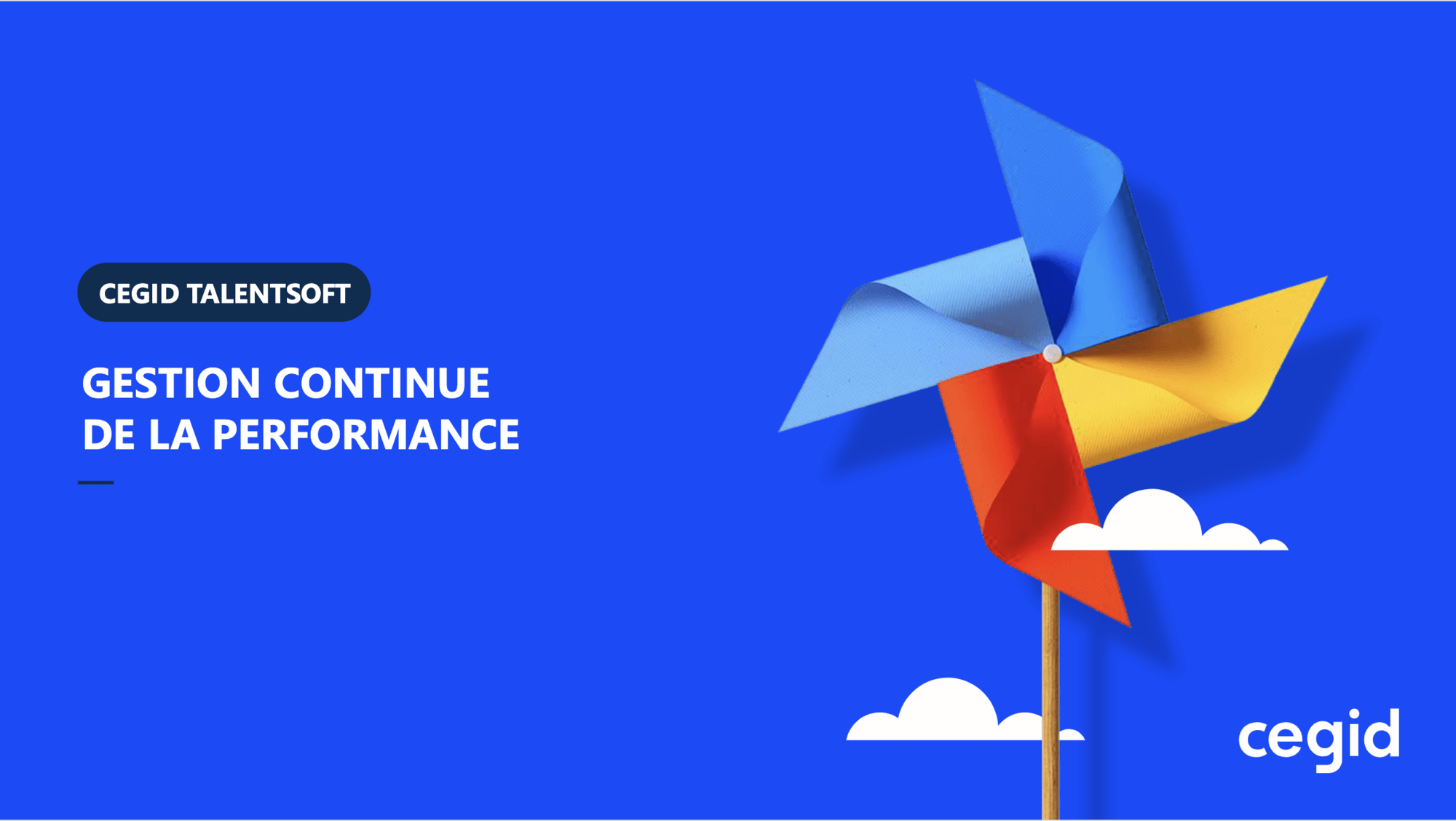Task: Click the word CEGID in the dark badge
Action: (139, 293)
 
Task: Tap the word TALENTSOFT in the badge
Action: (269, 293)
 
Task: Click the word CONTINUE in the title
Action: (381, 383)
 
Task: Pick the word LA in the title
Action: (174, 435)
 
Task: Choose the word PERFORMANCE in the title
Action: (366, 435)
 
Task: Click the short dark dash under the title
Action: (95, 482)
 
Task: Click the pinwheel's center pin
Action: (1052, 354)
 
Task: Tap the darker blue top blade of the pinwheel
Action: (1070, 218)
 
